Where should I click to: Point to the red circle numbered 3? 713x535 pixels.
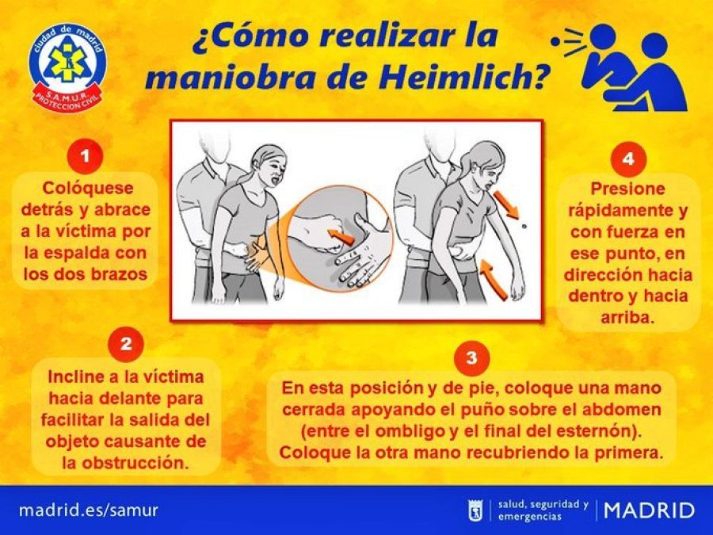click(x=471, y=357)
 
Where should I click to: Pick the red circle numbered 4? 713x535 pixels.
click(x=627, y=159)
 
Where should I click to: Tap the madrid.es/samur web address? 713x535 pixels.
click(x=88, y=510)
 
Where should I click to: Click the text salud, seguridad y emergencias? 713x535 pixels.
click(x=543, y=510)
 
